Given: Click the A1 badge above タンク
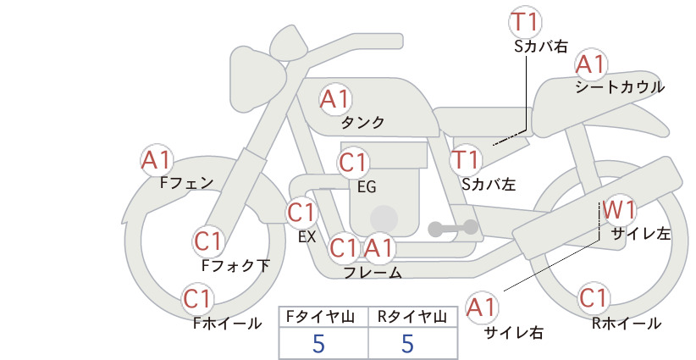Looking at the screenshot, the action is pyautogui.click(x=336, y=99).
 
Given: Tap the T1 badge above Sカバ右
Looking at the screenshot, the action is pyautogui.click(x=525, y=22).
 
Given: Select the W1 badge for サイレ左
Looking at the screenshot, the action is pyautogui.click(x=620, y=210).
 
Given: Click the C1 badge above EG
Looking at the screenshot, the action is pyautogui.click(x=353, y=163).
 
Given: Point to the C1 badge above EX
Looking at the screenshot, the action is pyautogui.click(x=301, y=213).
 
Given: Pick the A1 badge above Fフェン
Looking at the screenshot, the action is pyautogui.click(x=157, y=161).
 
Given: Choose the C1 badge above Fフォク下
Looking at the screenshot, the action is pyautogui.click(x=208, y=242).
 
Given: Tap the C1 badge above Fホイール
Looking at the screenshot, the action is pyautogui.click(x=197, y=299).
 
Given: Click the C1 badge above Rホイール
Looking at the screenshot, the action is pyautogui.click(x=594, y=298).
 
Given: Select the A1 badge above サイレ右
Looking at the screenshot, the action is pyautogui.click(x=482, y=307).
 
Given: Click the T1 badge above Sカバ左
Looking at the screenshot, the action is pyautogui.click(x=466, y=160).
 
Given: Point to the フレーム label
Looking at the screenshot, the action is pyautogui.click(x=373, y=273).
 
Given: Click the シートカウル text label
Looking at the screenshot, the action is pyautogui.click(x=620, y=87).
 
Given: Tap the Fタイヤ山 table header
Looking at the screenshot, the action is pyautogui.click(x=320, y=317).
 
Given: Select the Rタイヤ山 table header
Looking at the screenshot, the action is pyautogui.click(x=412, y=317).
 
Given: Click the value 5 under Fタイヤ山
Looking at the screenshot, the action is pyautogui.click(x=318, y=343).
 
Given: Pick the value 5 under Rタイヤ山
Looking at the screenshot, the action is pyautogui.click(x=407, y=343).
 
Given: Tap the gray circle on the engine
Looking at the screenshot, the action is pyautogui.click(x=384, y=219).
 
